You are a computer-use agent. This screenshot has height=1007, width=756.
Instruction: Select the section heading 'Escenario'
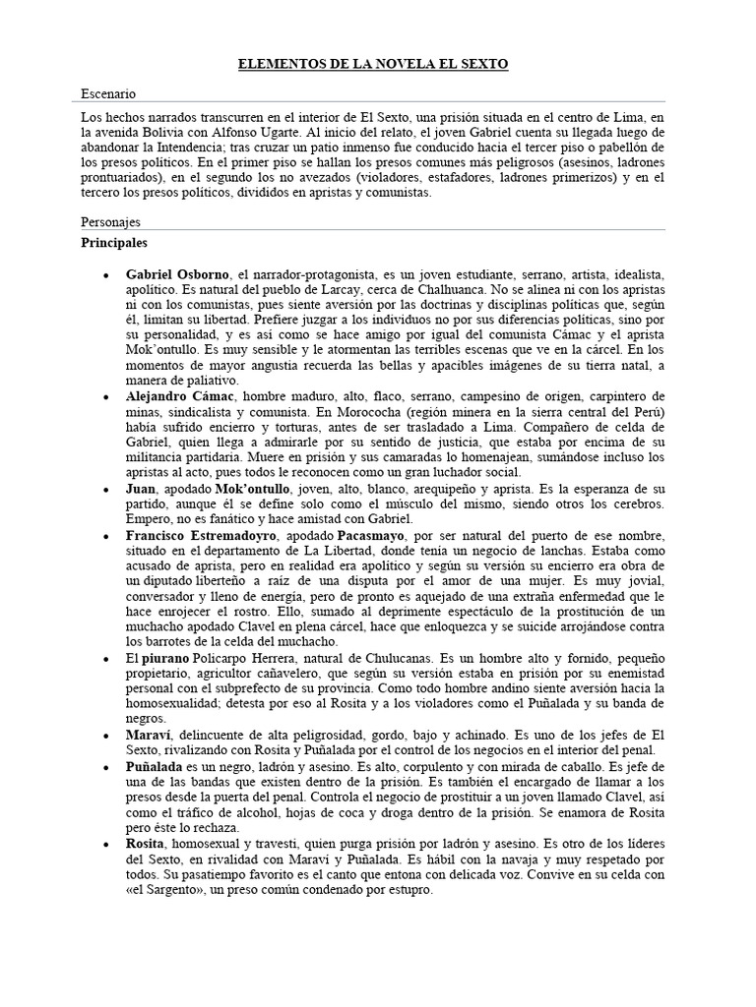pos(109,93)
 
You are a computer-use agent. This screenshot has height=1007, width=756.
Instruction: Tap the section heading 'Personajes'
pos(110,222)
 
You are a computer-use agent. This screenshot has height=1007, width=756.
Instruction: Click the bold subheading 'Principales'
pos(115,241)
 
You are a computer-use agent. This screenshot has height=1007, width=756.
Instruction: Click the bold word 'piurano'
pos(167,657)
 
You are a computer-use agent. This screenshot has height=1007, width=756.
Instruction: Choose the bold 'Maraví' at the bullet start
pos(149,735)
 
